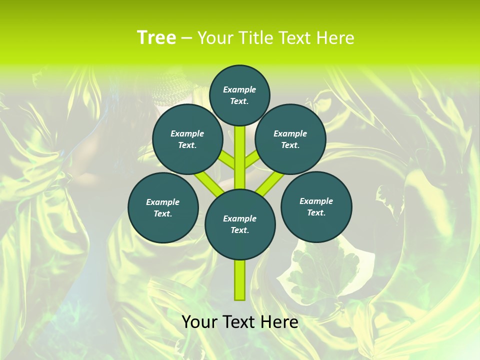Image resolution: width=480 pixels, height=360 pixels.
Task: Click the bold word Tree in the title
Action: point(156,38)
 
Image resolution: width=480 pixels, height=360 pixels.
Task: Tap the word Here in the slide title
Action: point(335,38)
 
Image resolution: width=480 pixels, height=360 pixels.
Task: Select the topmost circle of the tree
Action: point(239,95)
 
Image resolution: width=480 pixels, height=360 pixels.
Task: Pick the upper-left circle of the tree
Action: point(187,139)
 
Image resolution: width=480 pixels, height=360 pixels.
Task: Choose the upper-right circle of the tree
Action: point(290,139)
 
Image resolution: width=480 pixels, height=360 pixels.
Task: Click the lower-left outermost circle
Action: point(163,207)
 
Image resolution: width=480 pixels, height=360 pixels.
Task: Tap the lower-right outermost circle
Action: point(316,206)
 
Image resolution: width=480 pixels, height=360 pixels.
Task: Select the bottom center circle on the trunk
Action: point(240,224)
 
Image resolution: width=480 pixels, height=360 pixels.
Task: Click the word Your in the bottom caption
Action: point(200,322)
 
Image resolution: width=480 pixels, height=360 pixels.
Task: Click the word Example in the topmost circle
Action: point(239,89)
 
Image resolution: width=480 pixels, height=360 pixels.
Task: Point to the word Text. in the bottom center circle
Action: point(239,230)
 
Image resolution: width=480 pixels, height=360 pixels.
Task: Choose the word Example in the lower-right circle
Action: point(316,201)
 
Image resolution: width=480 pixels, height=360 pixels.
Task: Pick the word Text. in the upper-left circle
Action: point(187,145)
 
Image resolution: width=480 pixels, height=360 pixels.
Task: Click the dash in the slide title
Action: point(186,38)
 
